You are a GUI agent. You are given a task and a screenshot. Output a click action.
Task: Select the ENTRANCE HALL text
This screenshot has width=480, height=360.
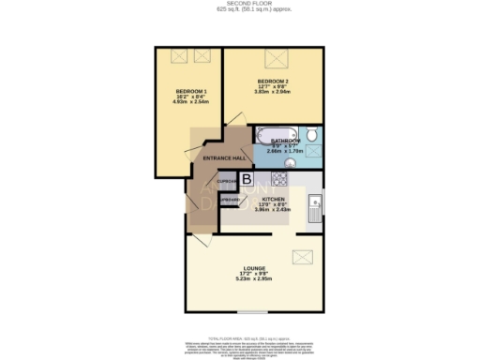223,158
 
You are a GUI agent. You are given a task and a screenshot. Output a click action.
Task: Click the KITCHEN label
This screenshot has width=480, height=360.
273,199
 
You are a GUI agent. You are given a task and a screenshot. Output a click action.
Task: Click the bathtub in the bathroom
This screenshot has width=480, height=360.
275,133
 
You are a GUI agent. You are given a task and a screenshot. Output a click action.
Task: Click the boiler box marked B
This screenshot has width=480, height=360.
247,178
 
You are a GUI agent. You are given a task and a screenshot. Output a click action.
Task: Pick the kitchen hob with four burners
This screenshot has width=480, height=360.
277,178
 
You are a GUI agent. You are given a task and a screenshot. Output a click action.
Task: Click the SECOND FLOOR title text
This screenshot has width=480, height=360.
240,4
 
